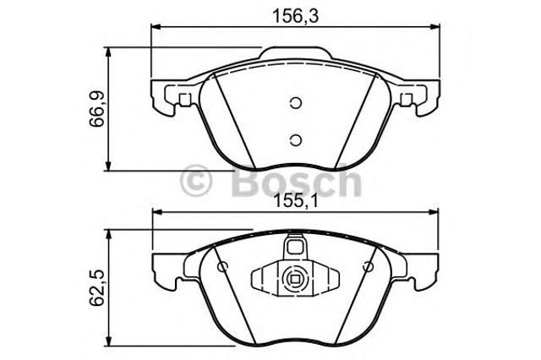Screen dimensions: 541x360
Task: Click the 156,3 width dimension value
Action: tap(295, 16)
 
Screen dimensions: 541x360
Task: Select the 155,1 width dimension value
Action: tap(295, 200)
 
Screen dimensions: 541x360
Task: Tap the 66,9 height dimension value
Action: tap(97, 109)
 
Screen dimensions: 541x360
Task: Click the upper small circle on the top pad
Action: tap(296, 103)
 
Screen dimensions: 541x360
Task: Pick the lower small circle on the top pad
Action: tap(296, 139)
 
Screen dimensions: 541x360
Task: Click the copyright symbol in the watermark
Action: tap(195, 181)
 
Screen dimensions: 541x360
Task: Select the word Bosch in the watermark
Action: tap(297, 180)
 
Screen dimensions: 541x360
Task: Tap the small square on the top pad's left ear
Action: tap(185, 100)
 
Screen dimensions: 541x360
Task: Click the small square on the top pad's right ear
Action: tap(406, 100)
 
